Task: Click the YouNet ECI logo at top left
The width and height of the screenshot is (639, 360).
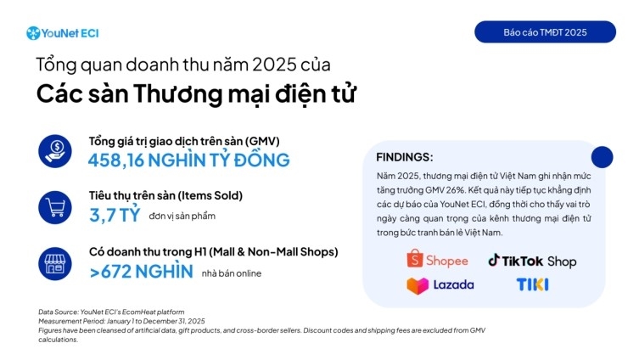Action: pyautogui.click(x=63, y=33)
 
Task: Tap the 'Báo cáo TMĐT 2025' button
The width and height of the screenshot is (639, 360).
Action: pyautogui.click(x=545, y=32)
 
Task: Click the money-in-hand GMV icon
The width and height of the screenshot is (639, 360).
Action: pyautogui.click(x=54, y=151)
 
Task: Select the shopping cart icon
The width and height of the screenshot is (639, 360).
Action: pyautogui.click(x=54, y=206)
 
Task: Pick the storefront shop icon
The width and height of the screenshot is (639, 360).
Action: pyautogui.click(x=54, y=263)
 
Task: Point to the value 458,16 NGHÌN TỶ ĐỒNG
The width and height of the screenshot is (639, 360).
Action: pyautogui.click(x=188, y=160)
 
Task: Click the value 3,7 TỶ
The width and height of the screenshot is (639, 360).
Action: pyautogui.click(x=114, y=215)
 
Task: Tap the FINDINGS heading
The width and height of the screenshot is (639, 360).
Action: pyautogui.click(x=404, y=157)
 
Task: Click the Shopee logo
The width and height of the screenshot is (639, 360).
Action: pyautogui.click(x=437, y=260)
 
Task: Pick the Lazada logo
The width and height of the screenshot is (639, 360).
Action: pyautogui.click(x=440, y=285)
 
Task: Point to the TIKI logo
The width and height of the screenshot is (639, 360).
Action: pyautogui.click(x=532, y=284)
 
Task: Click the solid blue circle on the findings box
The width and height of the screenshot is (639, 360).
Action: pyautogui.click(x=602, y=157)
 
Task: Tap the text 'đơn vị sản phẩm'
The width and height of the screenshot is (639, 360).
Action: pyautogui.click(x=182, y=216)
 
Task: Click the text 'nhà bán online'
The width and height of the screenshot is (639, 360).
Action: pyautogui.click(x=231, y=273)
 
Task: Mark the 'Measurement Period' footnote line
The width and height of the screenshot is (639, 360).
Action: pyautogui.click(x=121, y=320)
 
